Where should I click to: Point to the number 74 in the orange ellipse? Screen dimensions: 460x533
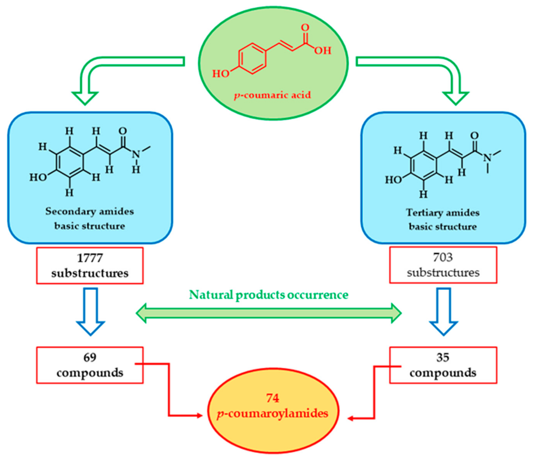click(273, 398)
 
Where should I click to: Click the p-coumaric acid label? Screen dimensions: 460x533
click(272, 95)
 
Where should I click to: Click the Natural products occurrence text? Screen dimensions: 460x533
click(269, 295)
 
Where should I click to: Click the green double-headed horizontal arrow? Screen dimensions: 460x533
click(269, 313)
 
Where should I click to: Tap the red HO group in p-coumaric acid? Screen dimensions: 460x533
click(221, 74)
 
